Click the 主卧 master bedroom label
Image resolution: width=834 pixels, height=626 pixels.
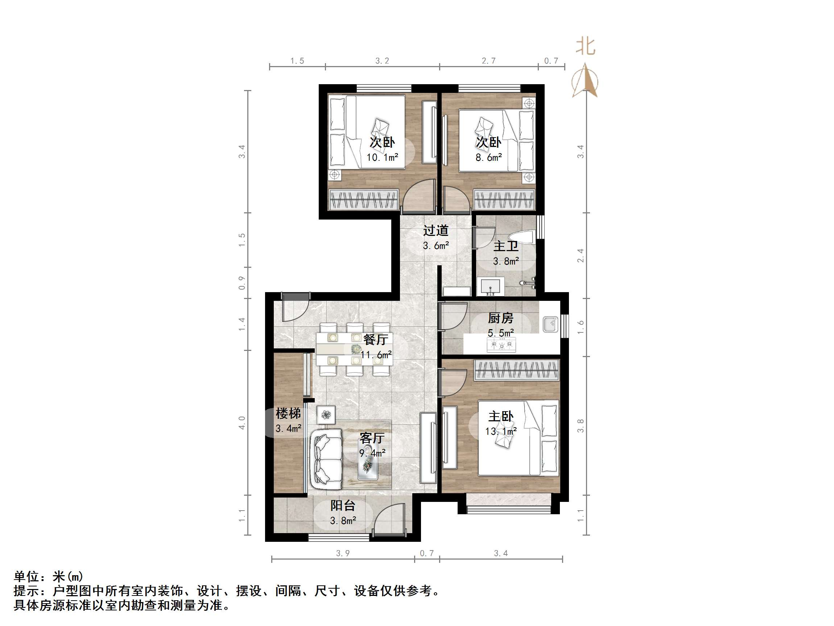501,417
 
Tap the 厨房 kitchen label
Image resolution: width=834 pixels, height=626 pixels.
501,319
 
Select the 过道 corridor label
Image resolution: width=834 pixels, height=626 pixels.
436,230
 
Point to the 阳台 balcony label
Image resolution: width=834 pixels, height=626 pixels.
343,506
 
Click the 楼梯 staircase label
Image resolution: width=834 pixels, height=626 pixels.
288,414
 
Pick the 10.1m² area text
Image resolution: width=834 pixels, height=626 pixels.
382,158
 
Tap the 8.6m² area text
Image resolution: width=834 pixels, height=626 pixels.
489,158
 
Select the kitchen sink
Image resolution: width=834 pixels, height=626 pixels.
550,324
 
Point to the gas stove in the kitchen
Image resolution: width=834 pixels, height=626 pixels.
501,344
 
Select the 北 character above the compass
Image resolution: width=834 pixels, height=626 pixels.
586,47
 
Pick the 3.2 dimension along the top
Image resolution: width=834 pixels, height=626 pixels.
382,61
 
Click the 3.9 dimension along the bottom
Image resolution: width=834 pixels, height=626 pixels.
343,553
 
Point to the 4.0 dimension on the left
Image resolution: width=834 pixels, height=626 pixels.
242,423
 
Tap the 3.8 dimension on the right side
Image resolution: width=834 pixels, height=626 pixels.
581,426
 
